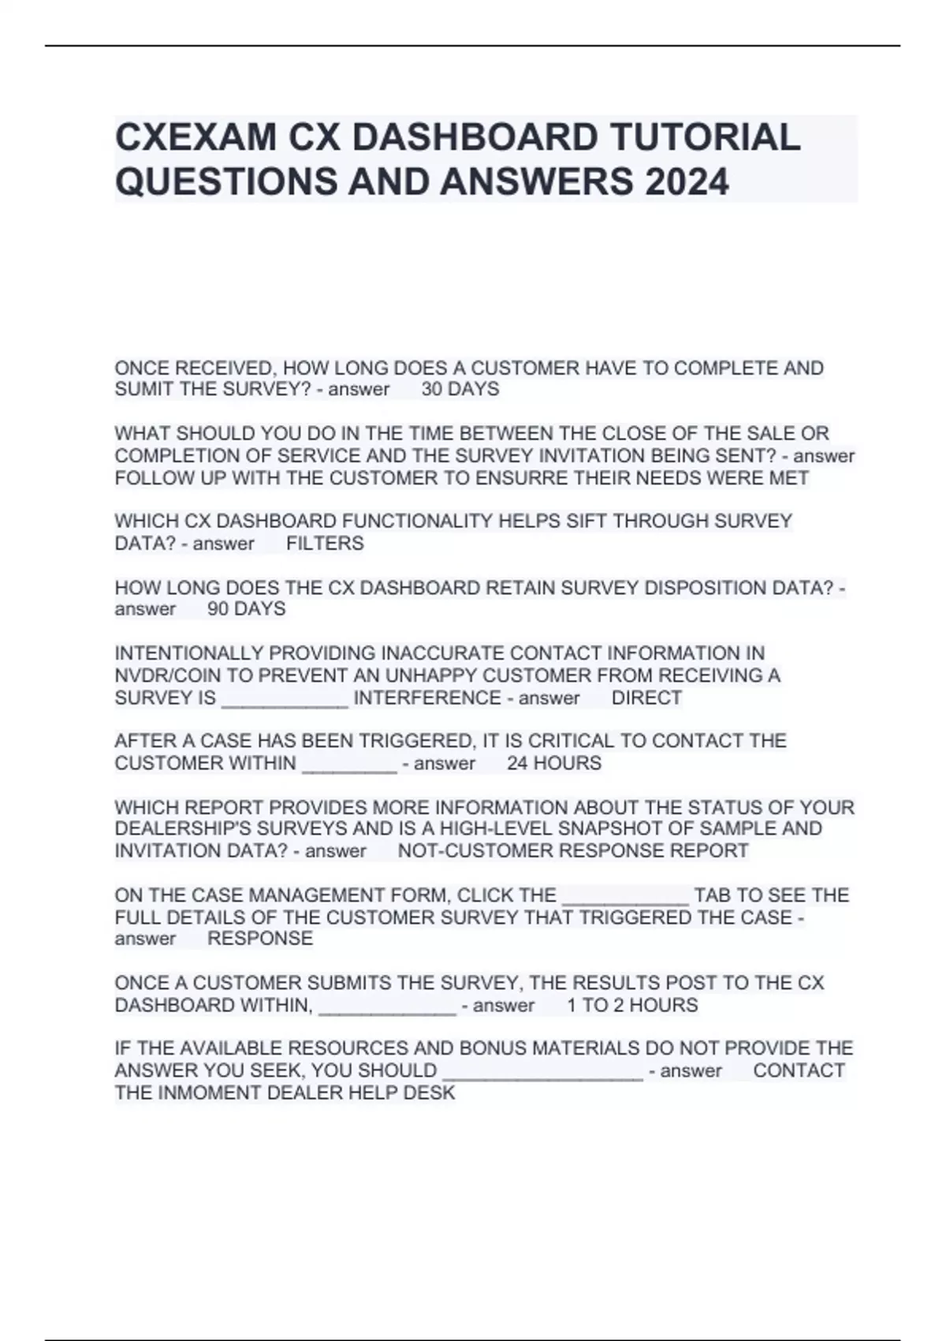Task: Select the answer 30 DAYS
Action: [x=460, y=389]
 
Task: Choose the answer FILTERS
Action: [x=325, y=543]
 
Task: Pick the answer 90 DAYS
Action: [x=246, y=609]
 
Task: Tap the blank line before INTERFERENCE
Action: [x=285, y=699]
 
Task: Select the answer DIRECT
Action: [x=646, y=698]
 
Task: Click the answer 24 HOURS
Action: [x=554, y=763]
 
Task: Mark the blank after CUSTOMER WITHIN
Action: [x=349, y=765]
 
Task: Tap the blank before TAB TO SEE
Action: [x=625, y=897]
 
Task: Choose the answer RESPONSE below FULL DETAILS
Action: [x=260, y=938]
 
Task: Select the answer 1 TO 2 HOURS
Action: [x=632, y=1005]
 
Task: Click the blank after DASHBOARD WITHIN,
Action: [x=387, y=1007]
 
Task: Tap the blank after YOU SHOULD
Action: [x=543, y=1072]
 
